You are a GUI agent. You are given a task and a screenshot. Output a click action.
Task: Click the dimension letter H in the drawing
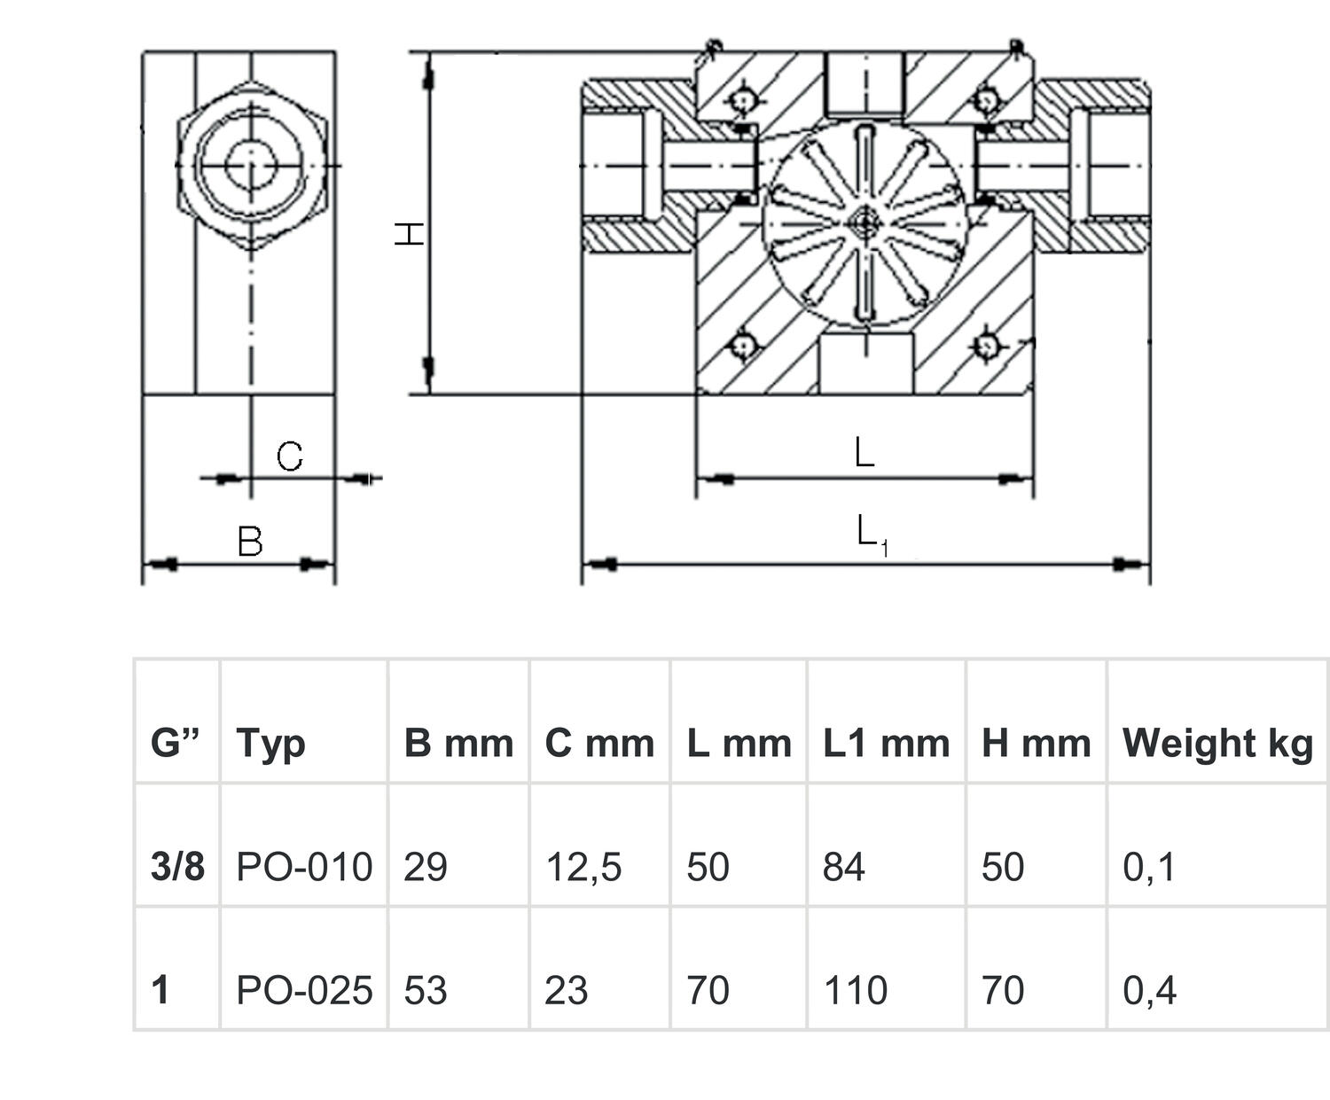pos(409,234)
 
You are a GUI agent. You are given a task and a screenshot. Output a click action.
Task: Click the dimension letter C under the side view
pos(289,456)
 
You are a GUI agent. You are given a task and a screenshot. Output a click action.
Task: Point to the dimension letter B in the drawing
pos(250,541)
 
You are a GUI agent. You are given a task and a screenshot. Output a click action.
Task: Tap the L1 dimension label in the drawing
pos(872,534)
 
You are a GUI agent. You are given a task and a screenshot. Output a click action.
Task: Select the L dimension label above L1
pos(864,453)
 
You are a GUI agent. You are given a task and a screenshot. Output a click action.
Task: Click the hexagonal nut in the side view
pos(252,165)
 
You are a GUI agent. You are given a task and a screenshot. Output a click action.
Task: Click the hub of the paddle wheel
pos(864,222)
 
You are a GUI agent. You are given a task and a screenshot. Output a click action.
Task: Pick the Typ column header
pos(270,743)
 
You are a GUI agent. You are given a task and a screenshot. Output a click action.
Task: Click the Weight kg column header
pos(1217,743)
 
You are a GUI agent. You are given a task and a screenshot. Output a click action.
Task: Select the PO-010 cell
pos(304,866)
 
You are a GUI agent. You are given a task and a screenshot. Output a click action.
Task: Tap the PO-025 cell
pos(304,990)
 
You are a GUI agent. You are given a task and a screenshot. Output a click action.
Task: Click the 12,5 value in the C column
pos(583,866)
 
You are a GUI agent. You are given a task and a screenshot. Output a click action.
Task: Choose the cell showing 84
pos(843,866)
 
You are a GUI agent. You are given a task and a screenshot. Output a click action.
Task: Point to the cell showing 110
pos(855,990)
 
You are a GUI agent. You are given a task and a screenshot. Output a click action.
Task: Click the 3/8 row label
pos(177,866)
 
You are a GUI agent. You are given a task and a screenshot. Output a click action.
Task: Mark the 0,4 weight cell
pos(1149,990)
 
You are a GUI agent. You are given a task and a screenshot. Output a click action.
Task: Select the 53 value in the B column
pos(425,990)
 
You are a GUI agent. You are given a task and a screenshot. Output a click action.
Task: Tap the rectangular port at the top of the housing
pos(864,82)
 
